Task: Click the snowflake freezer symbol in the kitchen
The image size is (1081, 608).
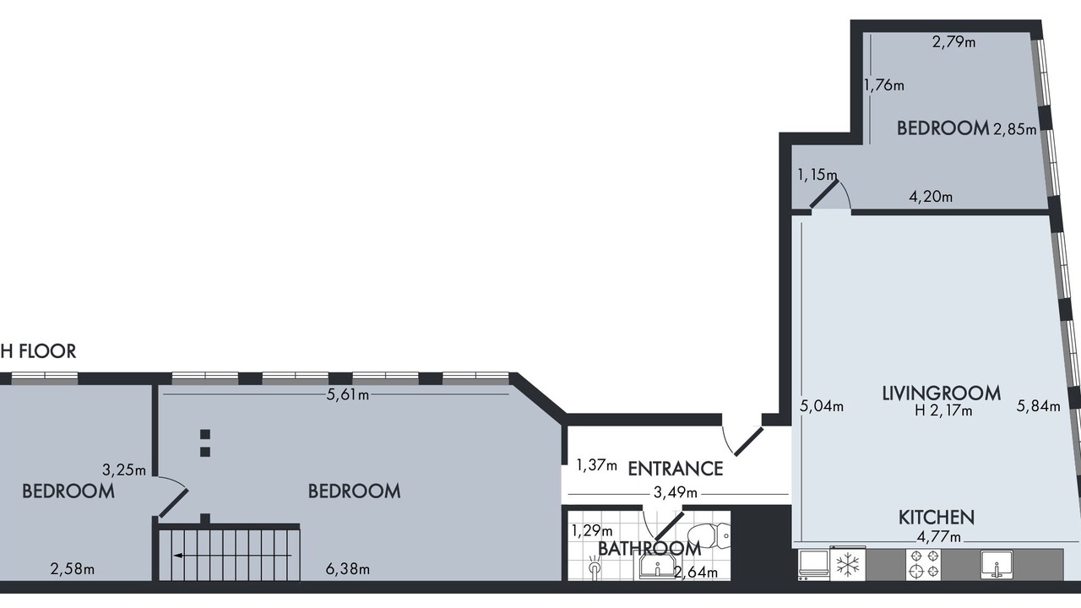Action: point(848,565)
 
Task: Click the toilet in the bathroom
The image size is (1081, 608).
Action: point(709,535)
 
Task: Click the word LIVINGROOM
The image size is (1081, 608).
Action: point(941,394)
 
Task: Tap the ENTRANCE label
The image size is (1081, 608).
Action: point(675,469)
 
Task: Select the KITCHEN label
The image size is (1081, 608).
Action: point(937,518)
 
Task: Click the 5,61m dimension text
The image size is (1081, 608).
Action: point(347,394)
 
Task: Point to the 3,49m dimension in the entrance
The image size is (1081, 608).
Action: point(675,492)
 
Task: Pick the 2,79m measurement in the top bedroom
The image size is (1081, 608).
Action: point(953,42)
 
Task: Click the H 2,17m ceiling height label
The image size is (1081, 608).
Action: point(943,410)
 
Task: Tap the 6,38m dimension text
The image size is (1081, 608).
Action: point(347,569)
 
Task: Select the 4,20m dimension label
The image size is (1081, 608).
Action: point(931,197)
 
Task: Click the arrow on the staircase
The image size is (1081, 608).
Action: point(232,556)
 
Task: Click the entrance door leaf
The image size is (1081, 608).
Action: point(748,441)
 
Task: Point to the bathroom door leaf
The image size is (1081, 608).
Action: point(669,525)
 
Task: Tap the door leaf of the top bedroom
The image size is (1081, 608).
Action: point(824,194)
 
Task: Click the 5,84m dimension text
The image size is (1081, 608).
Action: point(1038,406)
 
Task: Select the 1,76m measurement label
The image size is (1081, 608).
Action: point(883,85)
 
